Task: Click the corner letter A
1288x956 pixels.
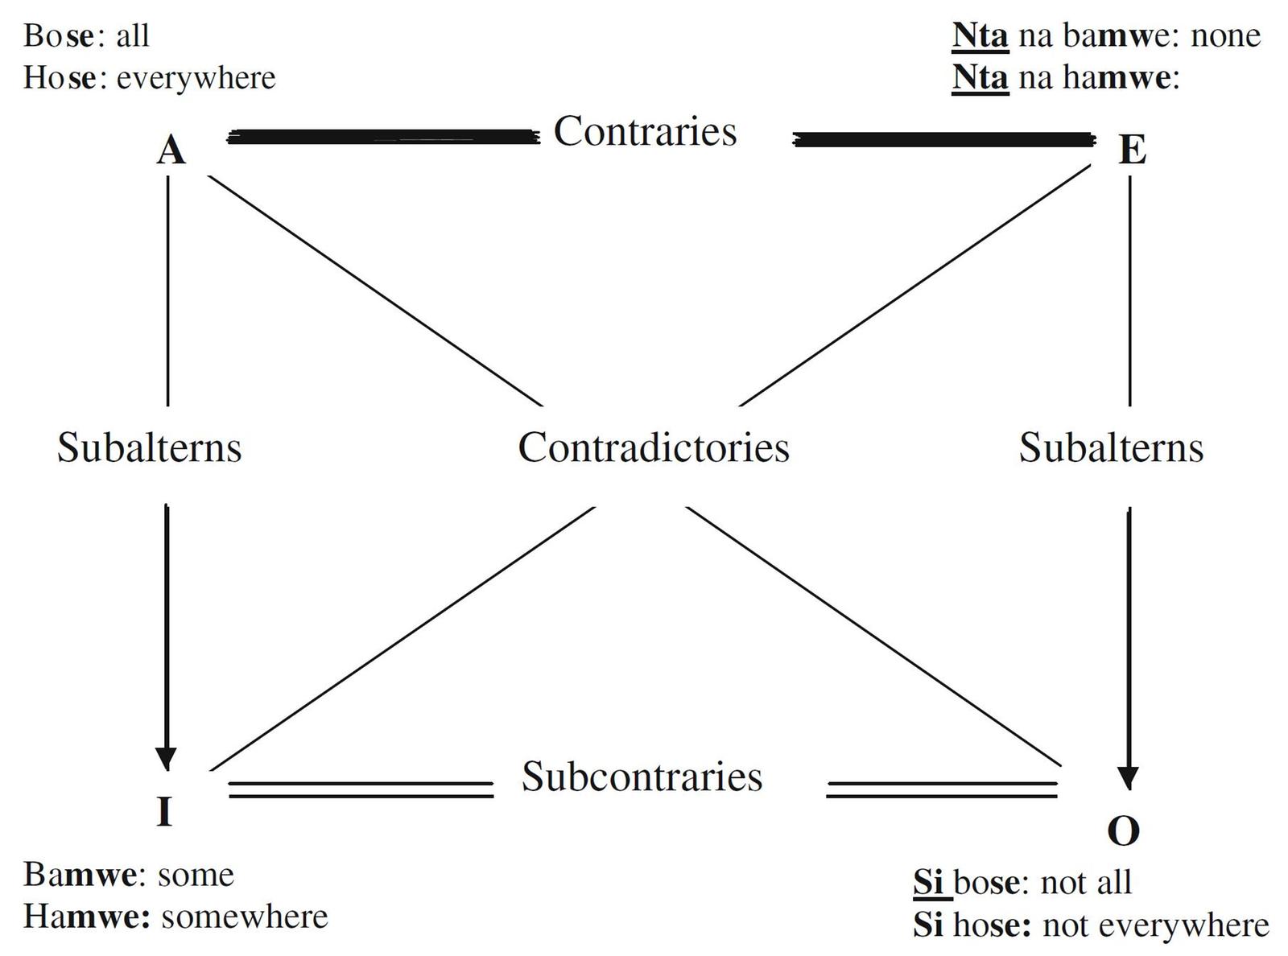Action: (171, 150)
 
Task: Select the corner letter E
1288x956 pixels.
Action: (1132, 150)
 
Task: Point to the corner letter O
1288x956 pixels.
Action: (1124, 830)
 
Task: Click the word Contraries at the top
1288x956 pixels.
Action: (645, 131)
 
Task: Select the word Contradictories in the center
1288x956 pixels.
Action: (654, 447)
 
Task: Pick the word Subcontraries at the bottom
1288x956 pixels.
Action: (642, 777)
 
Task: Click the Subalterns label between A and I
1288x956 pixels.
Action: (149, 447)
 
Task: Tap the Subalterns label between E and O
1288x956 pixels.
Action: (1111, 447)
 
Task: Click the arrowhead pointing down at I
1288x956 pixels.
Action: (166, 759)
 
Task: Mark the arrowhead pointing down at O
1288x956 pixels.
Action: (1129, 777)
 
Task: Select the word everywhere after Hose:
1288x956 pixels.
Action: (196, 78)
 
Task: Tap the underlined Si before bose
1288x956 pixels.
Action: (928, 883)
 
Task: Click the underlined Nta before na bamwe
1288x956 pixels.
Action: (980, 35)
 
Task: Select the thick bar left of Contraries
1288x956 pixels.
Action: (384, 138)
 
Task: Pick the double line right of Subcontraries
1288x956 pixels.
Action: (942, 789)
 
